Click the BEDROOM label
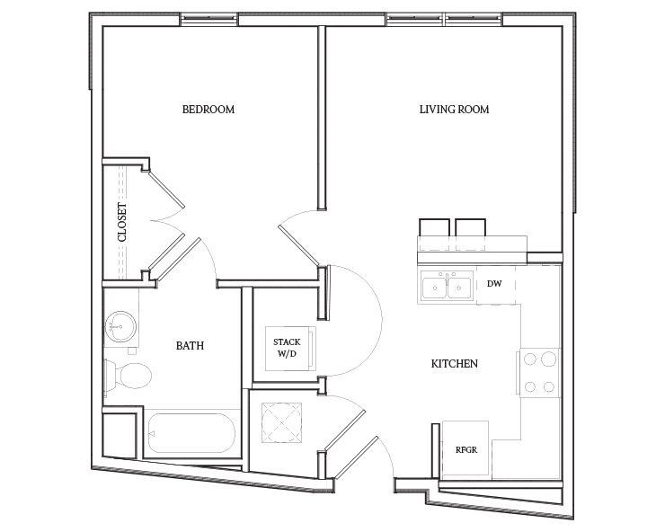208,110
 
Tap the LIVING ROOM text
454,110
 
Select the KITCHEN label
454,364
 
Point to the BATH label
189,344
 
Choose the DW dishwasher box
493,284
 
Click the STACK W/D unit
287,347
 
